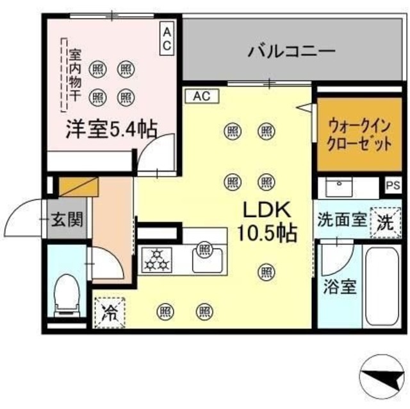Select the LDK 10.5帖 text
[267, 221]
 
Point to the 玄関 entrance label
[67, 220]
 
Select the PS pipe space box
[393, 186]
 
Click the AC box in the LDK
[202, 96]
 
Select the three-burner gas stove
[154, 259]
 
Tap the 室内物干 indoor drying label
[75, 73]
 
